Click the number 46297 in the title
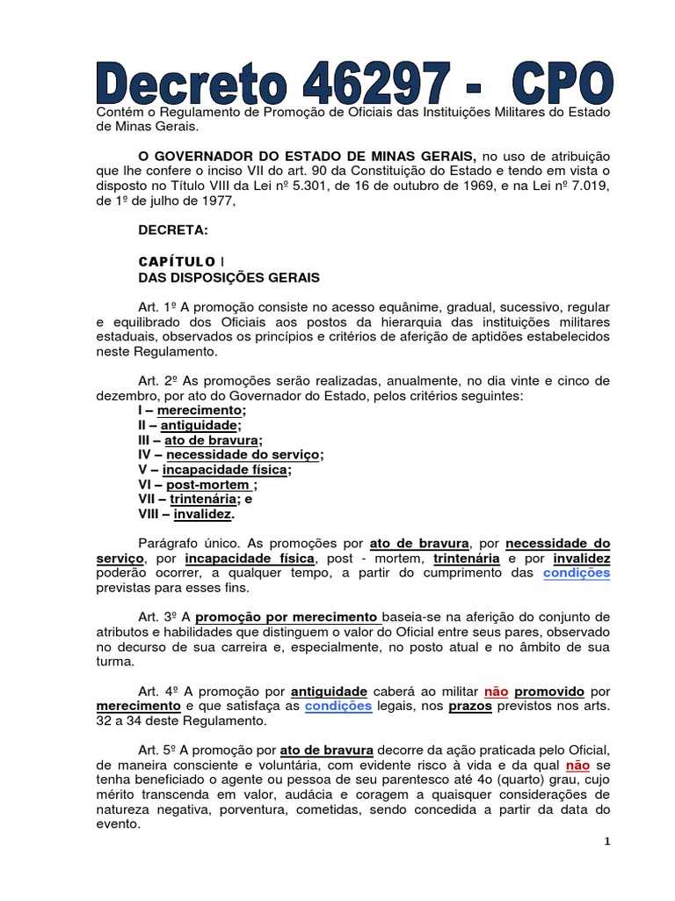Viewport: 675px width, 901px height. point(384,86)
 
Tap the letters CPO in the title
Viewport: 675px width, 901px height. point(557,86)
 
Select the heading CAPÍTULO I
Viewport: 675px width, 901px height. point(180,261)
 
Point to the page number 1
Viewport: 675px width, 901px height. point(606,841)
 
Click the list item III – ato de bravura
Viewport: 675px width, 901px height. point(200,439)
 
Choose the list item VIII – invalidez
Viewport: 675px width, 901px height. point(186,513)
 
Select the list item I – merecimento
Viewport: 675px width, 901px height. point(192,410)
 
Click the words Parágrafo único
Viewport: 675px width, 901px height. point(188,543)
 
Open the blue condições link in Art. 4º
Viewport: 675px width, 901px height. point(338,706)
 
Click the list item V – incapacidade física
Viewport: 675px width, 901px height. point(215,469)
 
